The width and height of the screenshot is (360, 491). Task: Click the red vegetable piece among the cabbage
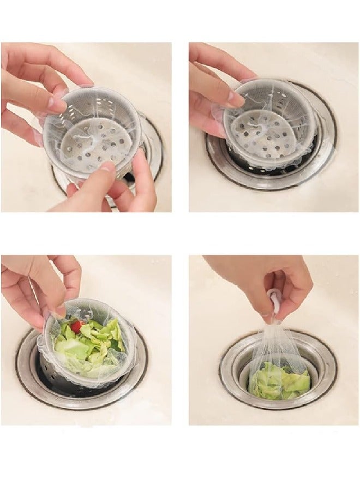(76, 327)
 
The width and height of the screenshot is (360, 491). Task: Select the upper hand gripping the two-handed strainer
(38, 82)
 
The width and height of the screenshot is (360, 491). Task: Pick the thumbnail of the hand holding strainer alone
(236, 99)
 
